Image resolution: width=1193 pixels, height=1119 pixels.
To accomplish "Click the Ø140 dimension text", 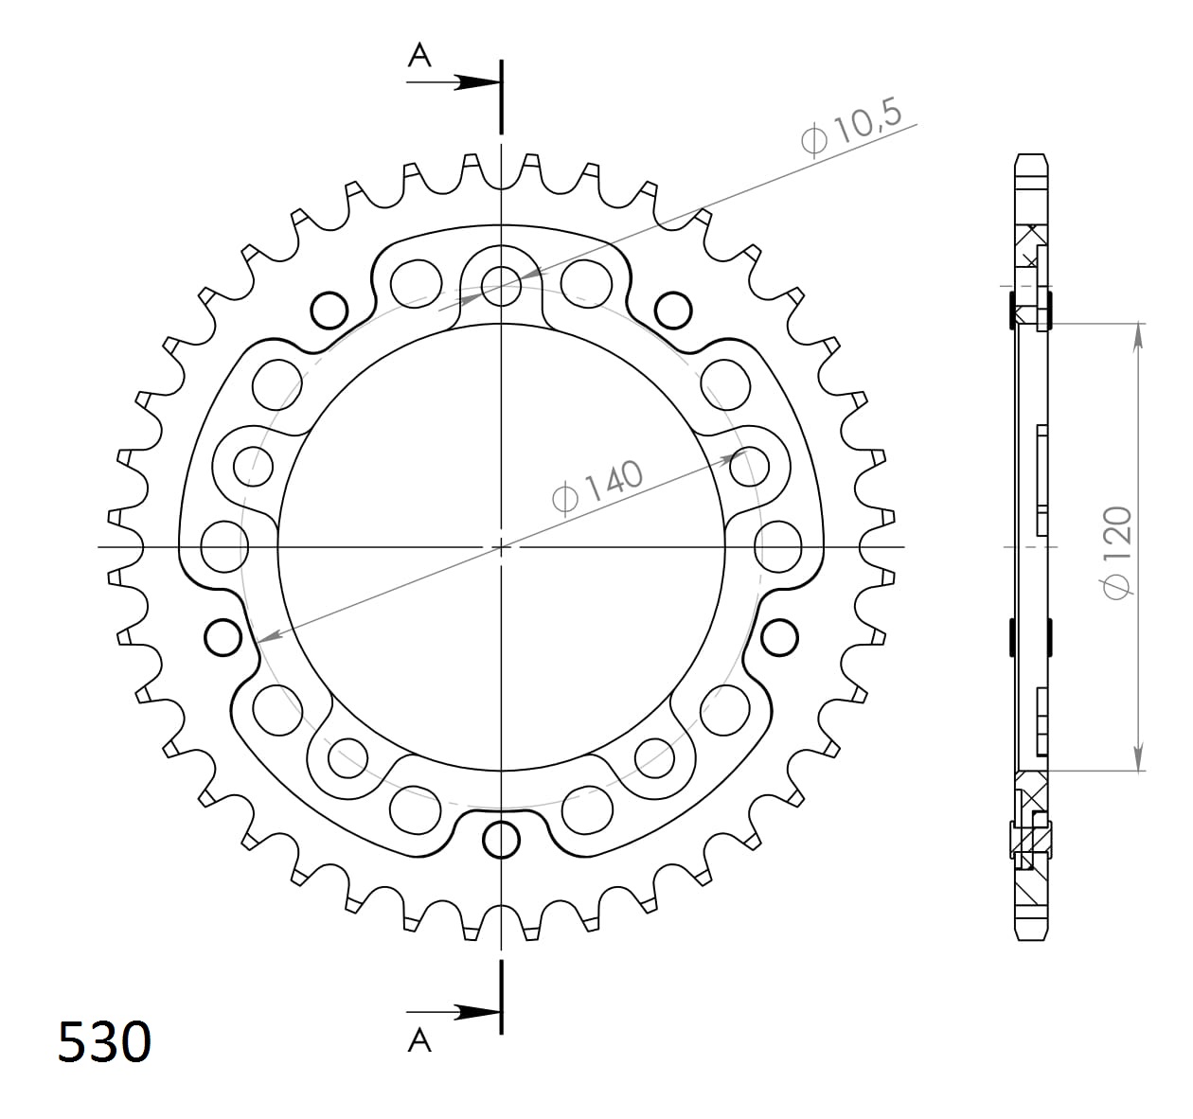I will click(597, 486).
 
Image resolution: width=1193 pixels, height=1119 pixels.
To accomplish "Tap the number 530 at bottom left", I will click(104, 1042).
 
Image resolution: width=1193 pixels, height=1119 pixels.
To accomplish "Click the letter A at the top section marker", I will click(419, 57).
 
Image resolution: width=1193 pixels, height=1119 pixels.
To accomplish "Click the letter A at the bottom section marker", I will click(419, 1041).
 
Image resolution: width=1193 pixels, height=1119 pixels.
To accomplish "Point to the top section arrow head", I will click(473, 83).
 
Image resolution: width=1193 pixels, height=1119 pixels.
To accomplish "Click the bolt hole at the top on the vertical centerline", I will click(501, 282).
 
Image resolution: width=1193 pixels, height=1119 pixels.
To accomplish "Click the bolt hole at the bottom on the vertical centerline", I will click(501, 838).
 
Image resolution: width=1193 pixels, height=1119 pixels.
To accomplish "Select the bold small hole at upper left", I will click(329, 309).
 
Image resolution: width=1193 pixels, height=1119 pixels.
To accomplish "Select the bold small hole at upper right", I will click(672, 309).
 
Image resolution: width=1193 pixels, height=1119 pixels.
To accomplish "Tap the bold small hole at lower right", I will click(778, 637).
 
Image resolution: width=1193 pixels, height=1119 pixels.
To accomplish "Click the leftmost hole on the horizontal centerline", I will click(224, 547).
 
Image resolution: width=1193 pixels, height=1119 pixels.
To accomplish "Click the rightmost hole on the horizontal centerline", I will click(778, 547).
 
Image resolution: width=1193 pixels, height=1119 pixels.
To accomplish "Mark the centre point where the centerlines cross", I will click(501, 547).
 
